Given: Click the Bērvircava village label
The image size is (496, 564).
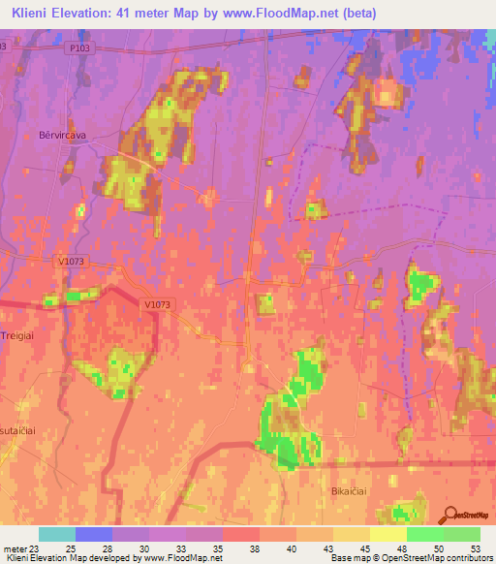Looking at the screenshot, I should click(x=56, y=135).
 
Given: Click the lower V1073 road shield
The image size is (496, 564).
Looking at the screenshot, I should click(x=157, y=304).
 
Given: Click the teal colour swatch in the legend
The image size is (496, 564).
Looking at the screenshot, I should click(x=57, y=534).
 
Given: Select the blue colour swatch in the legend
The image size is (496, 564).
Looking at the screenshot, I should click(x=94, y=534).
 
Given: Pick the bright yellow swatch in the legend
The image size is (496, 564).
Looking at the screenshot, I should click(x=388, y=534).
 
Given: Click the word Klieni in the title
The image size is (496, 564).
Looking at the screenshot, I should click(x=35, y=13).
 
